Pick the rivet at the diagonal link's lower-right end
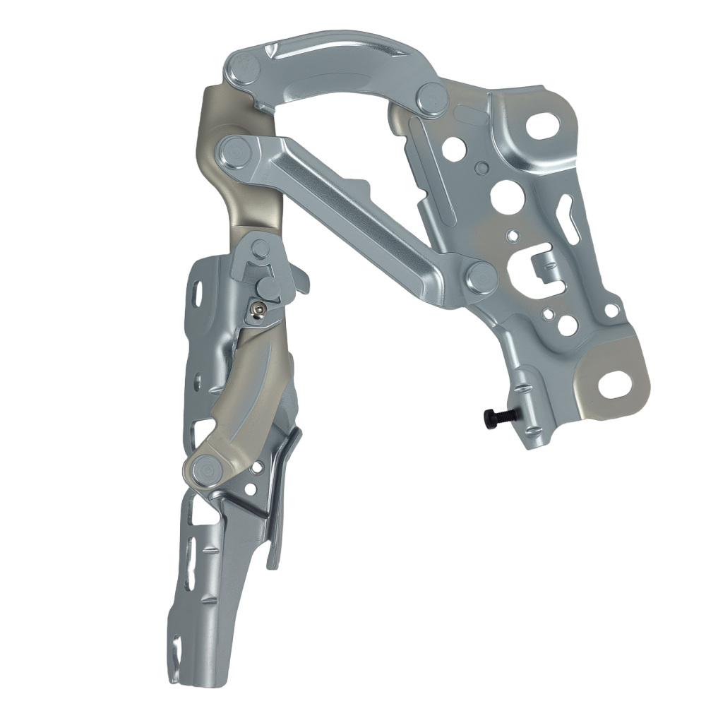[x=481, y=277]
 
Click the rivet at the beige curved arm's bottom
[x=205, y=467]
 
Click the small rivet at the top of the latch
[x=261, y=248]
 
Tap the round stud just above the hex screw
[x=268, y=286]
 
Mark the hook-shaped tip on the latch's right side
[x=303, y=282]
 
